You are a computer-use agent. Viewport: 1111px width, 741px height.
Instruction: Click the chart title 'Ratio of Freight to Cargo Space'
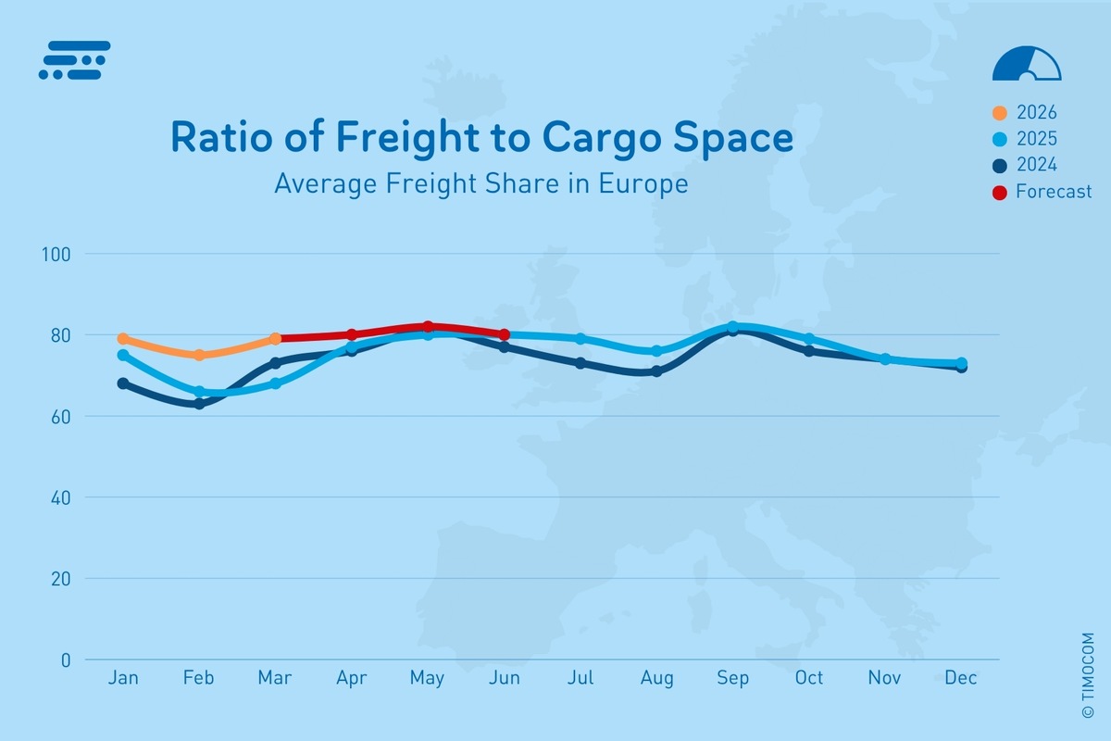pos(481,138)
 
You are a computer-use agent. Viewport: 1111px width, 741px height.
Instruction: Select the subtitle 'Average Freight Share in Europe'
pos(481,183)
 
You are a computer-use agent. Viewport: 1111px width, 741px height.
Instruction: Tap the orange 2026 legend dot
pos(1000,113)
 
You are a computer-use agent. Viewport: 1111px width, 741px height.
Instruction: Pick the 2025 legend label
pos(1036,139)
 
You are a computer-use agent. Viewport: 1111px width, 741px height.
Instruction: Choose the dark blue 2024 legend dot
pos(1000,166)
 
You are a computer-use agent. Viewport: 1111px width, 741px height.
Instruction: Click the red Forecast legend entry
pos(1042,192)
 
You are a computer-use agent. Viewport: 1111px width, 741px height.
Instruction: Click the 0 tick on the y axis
pos(66,660)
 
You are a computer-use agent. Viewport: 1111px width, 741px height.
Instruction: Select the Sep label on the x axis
pos(732,679)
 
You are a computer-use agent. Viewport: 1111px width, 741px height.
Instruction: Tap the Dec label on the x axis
pos(961,679)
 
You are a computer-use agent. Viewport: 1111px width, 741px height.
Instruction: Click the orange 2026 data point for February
pos(199,355)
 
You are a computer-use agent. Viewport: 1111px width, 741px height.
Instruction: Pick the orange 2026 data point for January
pos(123,339)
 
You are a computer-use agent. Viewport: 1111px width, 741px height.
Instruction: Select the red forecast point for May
pos(428,327)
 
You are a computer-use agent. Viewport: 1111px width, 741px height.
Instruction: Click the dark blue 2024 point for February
pos(199,404)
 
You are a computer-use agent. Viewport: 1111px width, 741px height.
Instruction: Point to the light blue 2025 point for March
pos(275,383)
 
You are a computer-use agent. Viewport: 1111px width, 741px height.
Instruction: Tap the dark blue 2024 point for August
pos(656,371)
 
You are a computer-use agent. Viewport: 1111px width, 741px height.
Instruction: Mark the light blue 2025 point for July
pos(580,339)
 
